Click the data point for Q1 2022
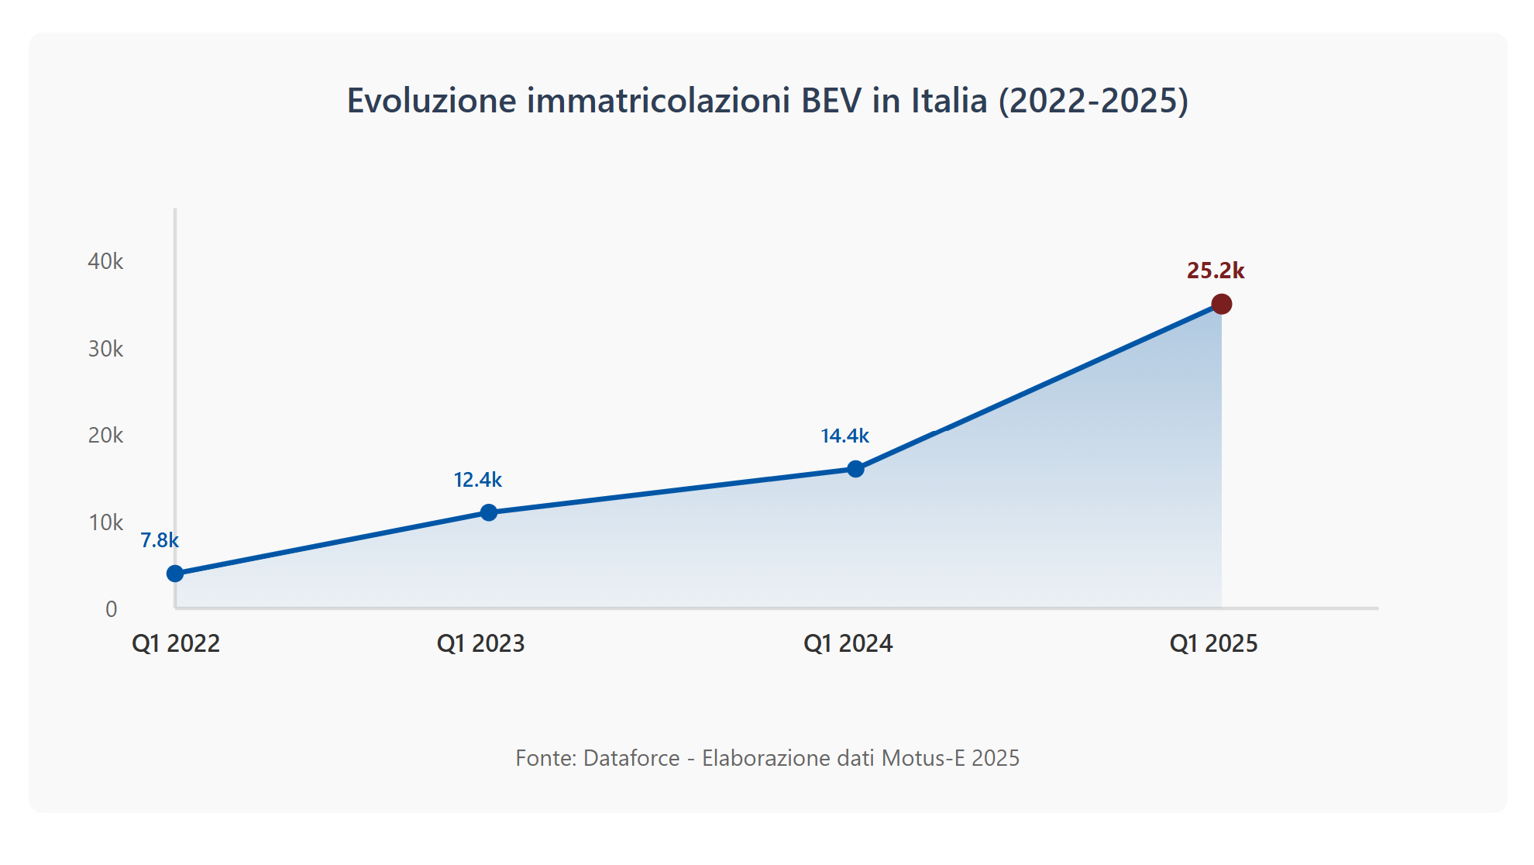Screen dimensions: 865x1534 pyautogui.click(x=175, y=574)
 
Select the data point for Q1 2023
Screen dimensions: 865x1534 pyautogui.click(x=489, y=512)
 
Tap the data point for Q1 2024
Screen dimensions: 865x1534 pyautogui.click(x=855, y=469)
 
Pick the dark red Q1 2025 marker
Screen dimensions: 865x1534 pyautogui.click(x=1221, y=304)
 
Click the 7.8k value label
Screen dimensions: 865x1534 pyautogui.click(x=160, y=540)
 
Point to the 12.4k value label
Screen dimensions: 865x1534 pyautogui.click(x=478, y=480)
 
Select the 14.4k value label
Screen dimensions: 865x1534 pyautogui.click(x=844, y=436)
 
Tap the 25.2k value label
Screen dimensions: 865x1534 pyautogui.click(x=1216, y=271)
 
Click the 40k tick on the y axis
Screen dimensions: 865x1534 pyautogui.click(x=105, y=261)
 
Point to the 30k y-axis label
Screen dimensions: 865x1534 pyautogui.click(x=105, y=349)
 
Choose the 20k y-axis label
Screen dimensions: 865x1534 pyautogui.click(x=105, y=435)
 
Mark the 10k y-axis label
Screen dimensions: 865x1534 pyautogui.click(x=105, y=522)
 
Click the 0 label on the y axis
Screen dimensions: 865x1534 pyautogui.click(x=112, y=609)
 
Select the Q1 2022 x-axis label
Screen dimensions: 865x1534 pyautogui.click(x=176, y=643)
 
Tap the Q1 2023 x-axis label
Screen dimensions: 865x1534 pyautogui.click(x=480, y=643)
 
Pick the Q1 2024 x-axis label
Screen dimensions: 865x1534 pyautogui.click(x=848, y=643)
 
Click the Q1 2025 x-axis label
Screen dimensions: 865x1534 pyautogui.click(x=1213, y=643)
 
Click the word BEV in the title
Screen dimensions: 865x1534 pyautogui.click(x=831, y=101)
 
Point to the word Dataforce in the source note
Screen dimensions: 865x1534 pyautogui.click(x=631, y=758)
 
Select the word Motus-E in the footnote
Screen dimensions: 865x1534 pyautogui.click(x=923, y=758)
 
